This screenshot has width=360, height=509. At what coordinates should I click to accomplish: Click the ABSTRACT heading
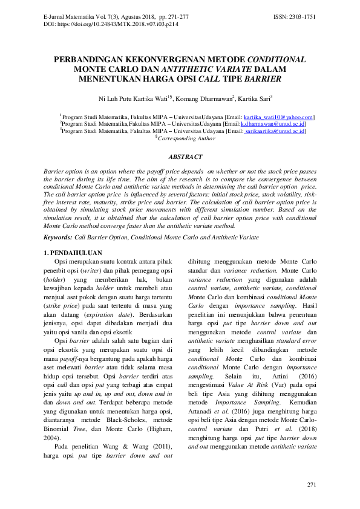(x=180, y=157)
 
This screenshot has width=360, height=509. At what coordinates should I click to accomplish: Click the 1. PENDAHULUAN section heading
(x=73, y=252)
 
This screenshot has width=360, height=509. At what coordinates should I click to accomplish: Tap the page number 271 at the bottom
(x=311, y=485)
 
